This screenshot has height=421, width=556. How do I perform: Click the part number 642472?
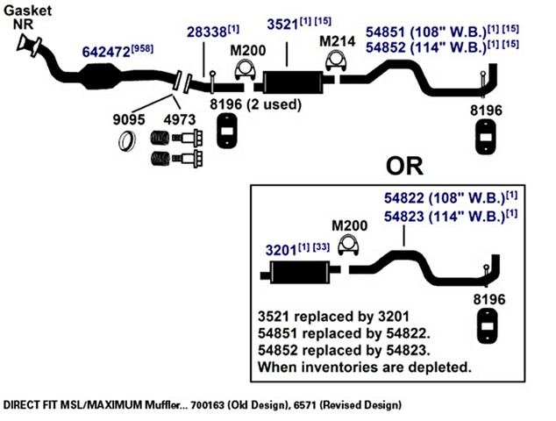tap(106, 52)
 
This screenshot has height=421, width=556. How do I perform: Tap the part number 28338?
tap(207, 32)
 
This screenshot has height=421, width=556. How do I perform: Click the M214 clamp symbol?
tap(336, 61)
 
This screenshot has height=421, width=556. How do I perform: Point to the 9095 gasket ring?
tap(127, 141)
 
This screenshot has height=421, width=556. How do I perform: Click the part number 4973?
tap(180, 119)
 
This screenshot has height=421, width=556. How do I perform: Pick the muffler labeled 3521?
tap(293, 82)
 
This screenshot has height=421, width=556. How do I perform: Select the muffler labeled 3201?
tap(300, 273)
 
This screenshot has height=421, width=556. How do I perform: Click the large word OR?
tap(404, 166)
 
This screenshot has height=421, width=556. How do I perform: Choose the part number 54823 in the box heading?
tap(404, 217)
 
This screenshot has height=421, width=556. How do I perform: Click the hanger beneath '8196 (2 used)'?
tap(227, 131)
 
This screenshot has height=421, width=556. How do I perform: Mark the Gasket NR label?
tap(28, 17)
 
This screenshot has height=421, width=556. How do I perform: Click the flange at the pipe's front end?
tap(29, 45)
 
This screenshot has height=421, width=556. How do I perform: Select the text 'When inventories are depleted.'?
tap(365, 367)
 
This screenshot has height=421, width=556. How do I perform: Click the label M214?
tap(338, 41)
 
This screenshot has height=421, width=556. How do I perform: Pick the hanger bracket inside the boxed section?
tap(488, 326)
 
